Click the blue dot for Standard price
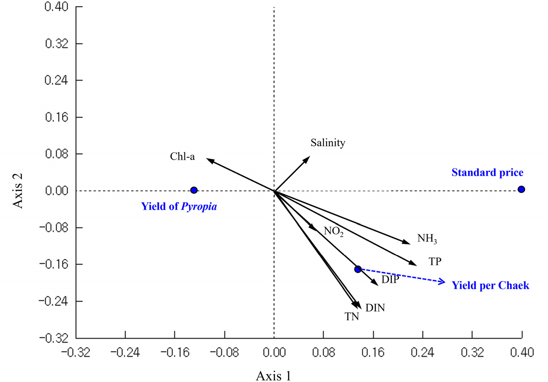(x=521, y=189)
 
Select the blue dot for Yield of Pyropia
(x=194, y=190)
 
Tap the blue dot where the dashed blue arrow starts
(x=358, y=269)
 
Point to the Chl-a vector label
(x=182, y=156)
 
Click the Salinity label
(x=328, y=143)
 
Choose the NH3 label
(x=430, y=239)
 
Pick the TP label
(x=435, y=261)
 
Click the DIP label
(x=390, y=280)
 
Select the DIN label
(x=375, y=308)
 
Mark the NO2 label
(x=334, y=231)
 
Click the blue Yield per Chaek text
(x=490, y=285)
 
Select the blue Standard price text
(x=487, y=173)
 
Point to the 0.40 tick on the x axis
(x=521, y=351)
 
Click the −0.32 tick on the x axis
(x=76, y=351)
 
